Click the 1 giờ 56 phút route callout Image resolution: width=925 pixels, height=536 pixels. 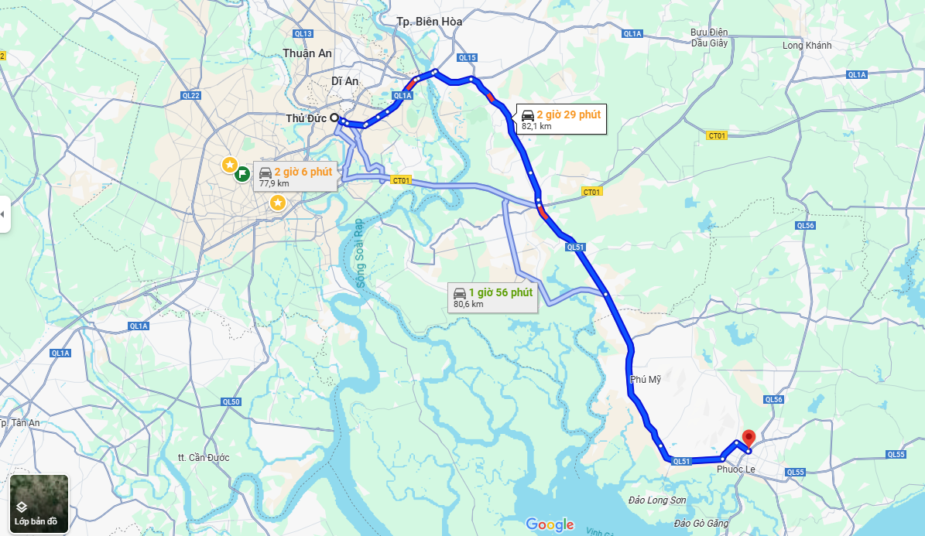(x=493, y=297)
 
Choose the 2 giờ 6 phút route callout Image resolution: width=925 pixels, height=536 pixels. (x=295, y=177)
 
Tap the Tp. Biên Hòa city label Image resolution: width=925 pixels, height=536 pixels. (x=429, y=22)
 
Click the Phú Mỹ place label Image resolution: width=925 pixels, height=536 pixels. (x=646, y=379)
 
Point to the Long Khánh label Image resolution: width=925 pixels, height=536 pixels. (x=807, y=46)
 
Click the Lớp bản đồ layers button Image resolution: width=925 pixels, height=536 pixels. (x=39, y=504)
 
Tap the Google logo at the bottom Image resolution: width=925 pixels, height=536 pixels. (x=550, y=524)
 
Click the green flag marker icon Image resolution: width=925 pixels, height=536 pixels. (x=242, y=174)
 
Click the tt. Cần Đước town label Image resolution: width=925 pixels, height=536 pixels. (x=204, y=457)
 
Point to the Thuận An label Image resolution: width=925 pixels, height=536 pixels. (x=307, y=53)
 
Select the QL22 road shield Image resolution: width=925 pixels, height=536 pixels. (x=191, y=95)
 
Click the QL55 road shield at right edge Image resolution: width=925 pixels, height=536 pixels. (x=896, y=454)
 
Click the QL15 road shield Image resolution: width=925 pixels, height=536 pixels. (x=467, y=58)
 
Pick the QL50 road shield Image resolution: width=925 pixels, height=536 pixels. (x=231, y=401)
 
